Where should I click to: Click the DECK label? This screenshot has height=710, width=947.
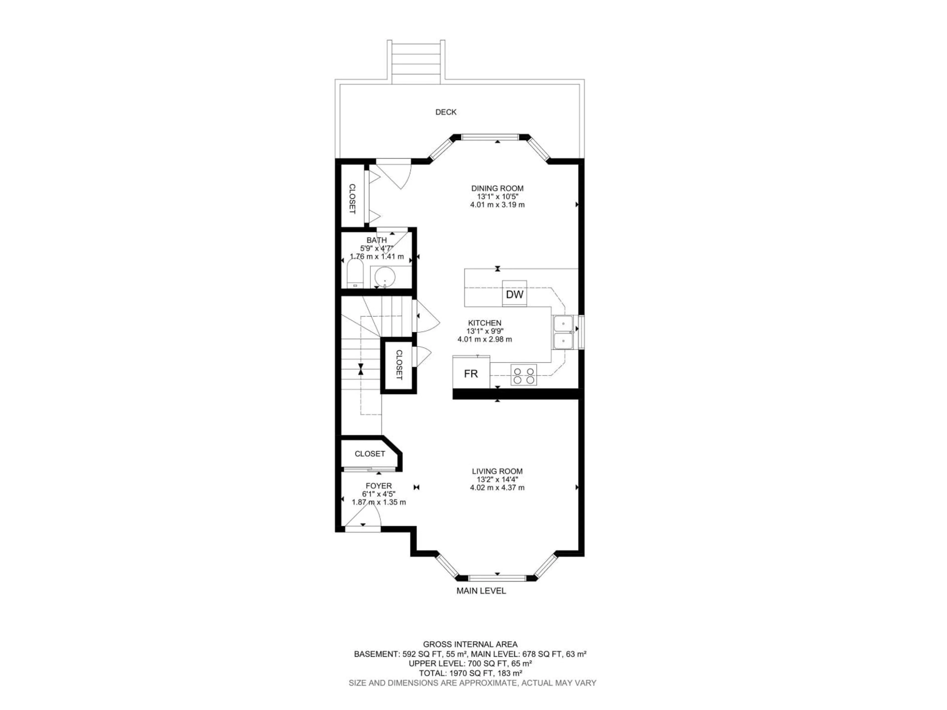click(x=446, y=112)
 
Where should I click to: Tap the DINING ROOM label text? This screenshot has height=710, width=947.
click(x=497, y=188)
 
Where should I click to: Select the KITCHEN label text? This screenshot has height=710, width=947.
click(x=485, y=323)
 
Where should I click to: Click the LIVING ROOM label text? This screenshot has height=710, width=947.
click(x=497, y=471)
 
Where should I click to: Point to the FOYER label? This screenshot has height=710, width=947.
click(x=379, y=486)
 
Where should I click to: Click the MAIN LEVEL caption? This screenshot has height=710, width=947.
click(x=481, y=591)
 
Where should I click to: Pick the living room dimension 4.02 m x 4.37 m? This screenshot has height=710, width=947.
click(x=497, y=487)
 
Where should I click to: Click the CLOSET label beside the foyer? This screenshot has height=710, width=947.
click(x=369, y=454)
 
